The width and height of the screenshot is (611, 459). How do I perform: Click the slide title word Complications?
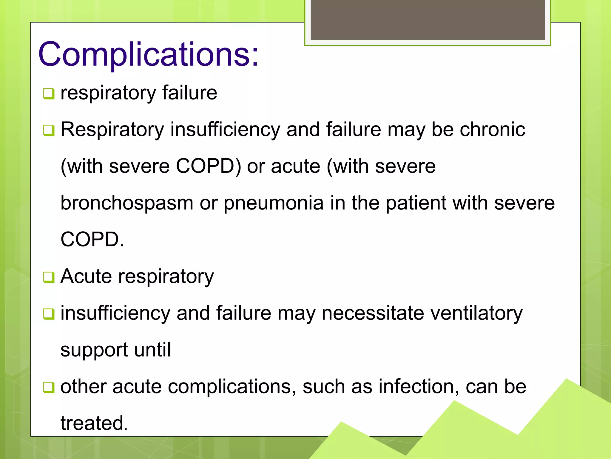(x=148, y=54)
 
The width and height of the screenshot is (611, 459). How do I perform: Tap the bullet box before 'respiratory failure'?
(x=49, y=94)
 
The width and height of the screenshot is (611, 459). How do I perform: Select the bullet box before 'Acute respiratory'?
(x=49, y=277)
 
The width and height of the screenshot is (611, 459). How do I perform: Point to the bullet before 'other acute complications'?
(x=49, y=387)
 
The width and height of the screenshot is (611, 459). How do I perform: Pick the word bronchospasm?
(x=127, y=203)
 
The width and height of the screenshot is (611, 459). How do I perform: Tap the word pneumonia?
(x=274, y=203)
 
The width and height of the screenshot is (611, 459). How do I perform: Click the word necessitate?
(x=373, y=313)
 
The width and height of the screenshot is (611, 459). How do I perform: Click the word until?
(x=152, y=350)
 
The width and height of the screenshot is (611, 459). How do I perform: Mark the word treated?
(x=94, y=423)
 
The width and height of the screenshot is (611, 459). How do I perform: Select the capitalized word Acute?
(x=86, y=276)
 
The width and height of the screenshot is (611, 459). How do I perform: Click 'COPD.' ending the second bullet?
(x=92, y=240)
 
